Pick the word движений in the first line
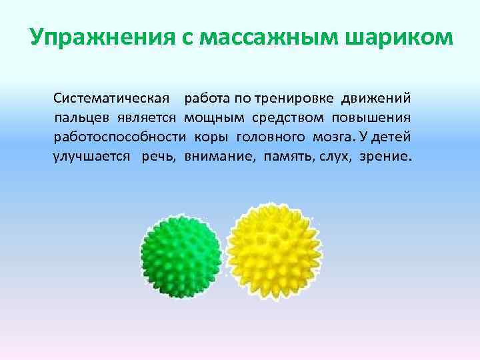[376, 99]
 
